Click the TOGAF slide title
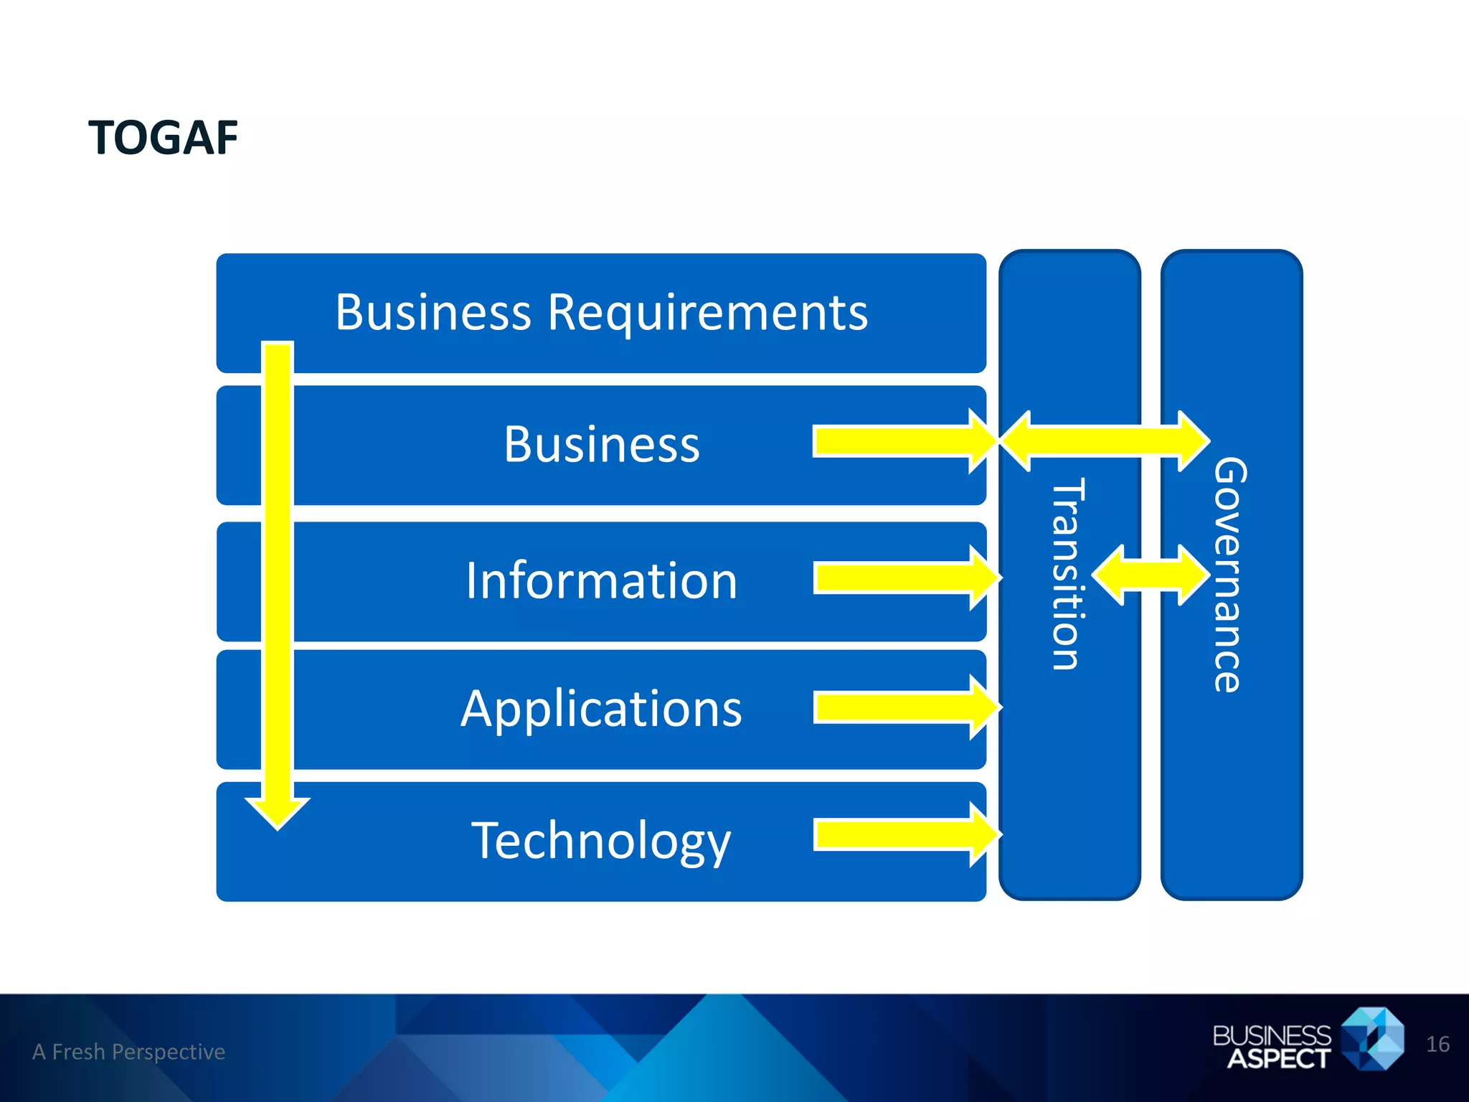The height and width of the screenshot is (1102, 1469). point(163,138)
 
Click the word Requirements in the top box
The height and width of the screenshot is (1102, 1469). point(707,314)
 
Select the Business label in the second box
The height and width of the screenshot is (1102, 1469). point(601,445)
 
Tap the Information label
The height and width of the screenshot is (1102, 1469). point(601,580)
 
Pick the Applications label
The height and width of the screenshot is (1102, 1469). point(601,709)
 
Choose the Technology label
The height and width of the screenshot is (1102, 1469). point(601,841)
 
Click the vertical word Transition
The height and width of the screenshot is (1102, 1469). point(1068,574)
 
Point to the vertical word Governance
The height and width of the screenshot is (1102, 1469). point(1230,574)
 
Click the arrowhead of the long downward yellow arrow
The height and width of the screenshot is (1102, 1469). point(278,812)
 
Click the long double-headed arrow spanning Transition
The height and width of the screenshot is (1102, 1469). point(1105,441)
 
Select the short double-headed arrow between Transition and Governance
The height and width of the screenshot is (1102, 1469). point(1150,575)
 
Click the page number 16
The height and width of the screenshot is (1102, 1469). point(1437,1044)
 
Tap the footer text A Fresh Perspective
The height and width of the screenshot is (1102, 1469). point(129,1052)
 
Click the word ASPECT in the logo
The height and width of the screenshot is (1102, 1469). point(1278,1059)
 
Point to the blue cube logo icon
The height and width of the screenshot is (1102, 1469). point(1372,1039)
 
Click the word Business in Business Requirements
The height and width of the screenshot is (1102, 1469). point(433,314)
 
